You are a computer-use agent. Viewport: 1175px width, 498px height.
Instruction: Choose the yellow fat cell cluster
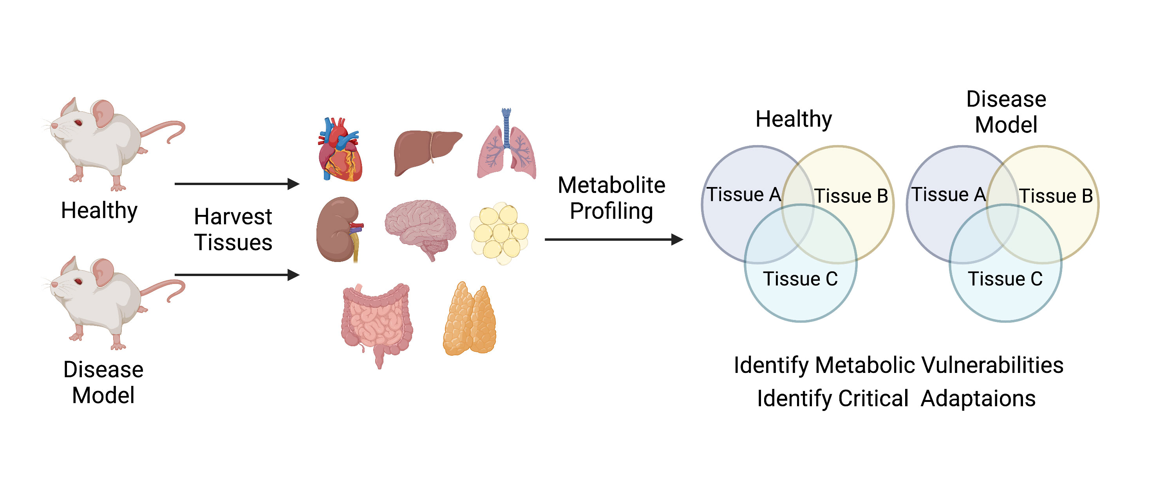pos(499,233)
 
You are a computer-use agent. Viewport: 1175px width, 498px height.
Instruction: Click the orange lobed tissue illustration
pos(470,320)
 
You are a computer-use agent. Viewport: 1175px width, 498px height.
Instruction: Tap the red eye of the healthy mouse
pos(78,122)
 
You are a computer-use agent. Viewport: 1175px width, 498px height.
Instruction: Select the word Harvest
pos(233,217)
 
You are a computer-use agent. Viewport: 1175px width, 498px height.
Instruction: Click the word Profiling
pos(611,211)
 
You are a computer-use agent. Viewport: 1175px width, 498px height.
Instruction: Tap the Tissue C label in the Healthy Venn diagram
pos(801,279)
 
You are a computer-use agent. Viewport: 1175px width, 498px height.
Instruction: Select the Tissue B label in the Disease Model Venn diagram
pos(1056,196)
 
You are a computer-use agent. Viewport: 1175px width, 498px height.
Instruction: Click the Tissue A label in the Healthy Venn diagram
pos(743,195)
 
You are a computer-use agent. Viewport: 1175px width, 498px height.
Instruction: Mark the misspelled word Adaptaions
pos(978,398)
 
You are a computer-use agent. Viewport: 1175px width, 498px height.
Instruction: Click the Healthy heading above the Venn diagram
pos(794,120)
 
